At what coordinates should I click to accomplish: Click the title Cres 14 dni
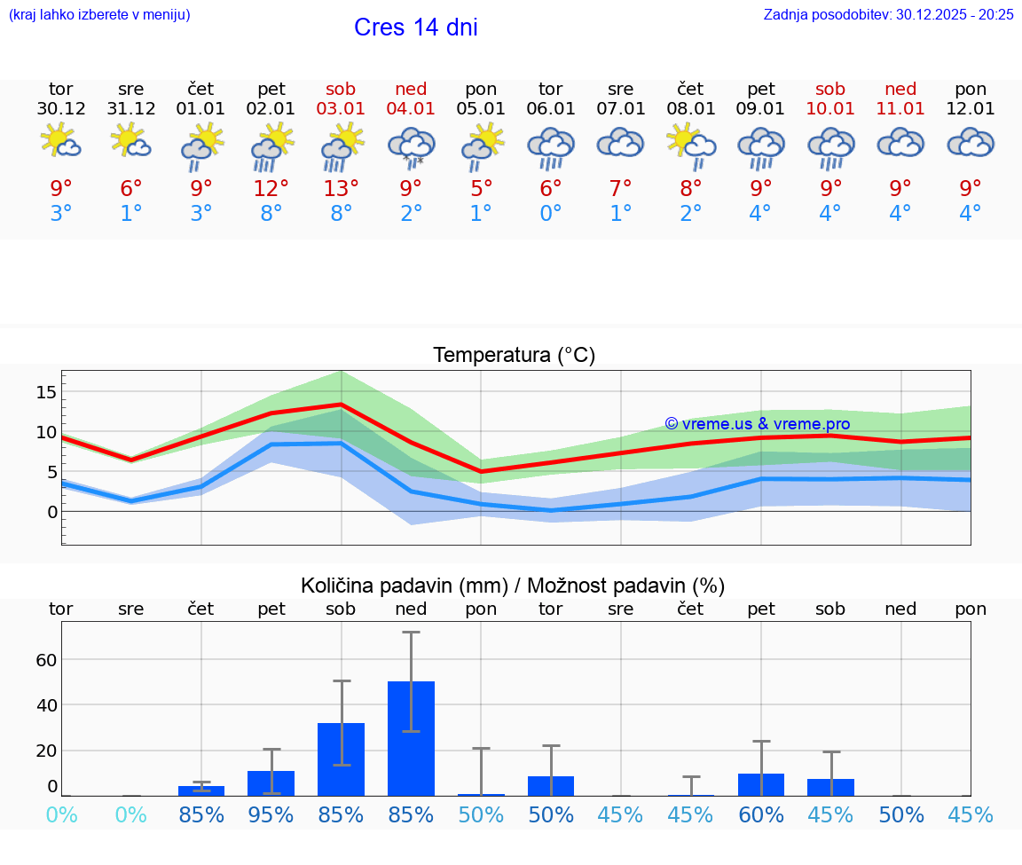click(x=415, y=28)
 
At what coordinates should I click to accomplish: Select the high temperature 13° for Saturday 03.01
click(x=341, y=189)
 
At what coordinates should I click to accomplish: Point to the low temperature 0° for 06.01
click(x=551, y=214)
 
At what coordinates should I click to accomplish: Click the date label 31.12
click(x=131, y=109)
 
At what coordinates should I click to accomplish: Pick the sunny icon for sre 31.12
click(x=131, y=140)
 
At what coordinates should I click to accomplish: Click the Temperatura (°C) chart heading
click(x=514, y=356)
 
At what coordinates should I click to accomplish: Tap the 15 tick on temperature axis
click(x=46, y=391)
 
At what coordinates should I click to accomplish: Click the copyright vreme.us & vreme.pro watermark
click(x=757, y=424)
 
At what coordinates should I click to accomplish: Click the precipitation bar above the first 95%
click(x=271, y=782)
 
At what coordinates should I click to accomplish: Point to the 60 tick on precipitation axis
click(x=46, y=659)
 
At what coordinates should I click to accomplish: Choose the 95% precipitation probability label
click(x=271, y=814)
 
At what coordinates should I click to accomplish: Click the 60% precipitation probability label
click(x=761, y=814)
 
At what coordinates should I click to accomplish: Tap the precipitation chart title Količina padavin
click(x=513, y=586)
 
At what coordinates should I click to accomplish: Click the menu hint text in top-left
click(x=99, y=14)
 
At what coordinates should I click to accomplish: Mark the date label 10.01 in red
click(x=830, y=109)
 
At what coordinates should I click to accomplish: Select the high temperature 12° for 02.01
click(x=271, y=189)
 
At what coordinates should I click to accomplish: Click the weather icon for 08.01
click(x=691, y=145)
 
